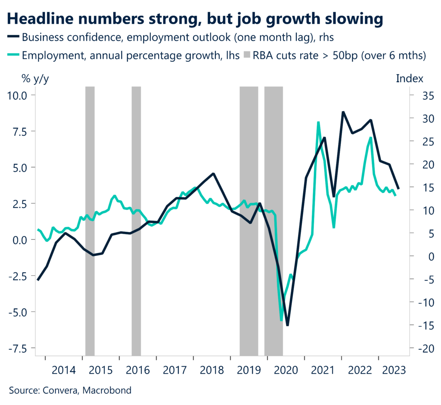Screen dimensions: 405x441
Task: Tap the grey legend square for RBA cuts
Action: (x=249, y=55)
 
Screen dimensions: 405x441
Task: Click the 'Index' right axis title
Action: (x=409, y=79)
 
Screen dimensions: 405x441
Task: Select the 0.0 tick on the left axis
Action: (x=18, y=239)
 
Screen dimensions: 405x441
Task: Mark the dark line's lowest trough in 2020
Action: (x=287, y=325)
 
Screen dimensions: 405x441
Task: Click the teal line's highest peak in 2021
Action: (x=318, y=122)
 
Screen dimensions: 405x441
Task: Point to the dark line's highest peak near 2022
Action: (x=343, y=112)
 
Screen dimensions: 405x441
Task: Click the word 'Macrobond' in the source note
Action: (x=109, y=390)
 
